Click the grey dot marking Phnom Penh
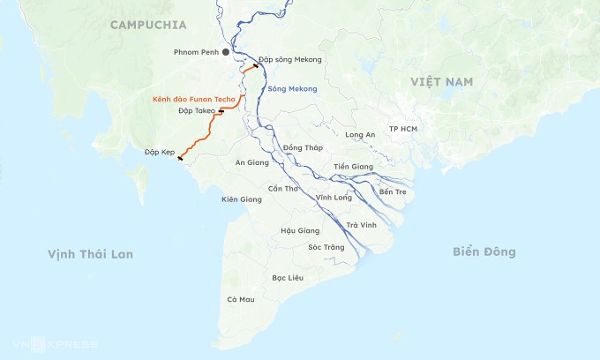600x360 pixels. click(x=226, y=53)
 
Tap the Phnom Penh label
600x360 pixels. click(x=195, y=53)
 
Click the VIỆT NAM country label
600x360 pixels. click(x=441, y=81)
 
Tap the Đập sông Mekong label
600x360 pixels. click(x=290, y=60)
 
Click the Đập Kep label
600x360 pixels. click(x=160, y=153)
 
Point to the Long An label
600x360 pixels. click(x=360, y=135)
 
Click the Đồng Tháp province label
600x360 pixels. click(x=304, y=147)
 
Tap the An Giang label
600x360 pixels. click(x=251, y=162)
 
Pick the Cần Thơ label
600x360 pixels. click(x=283, y=189)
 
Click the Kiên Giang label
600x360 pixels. click(x=242, y=199)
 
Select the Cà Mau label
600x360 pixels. click(x=240, y=300)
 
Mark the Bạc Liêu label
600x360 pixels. click(x=288, y=278)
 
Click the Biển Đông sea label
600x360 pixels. click(x=484, y=252)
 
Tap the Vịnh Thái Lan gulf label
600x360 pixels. click(x=90, y=254)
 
